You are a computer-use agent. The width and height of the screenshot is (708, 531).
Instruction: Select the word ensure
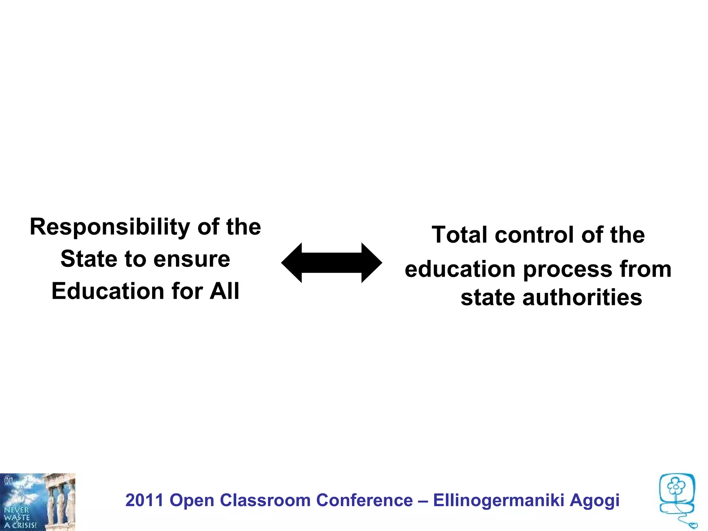(x=192, y=260)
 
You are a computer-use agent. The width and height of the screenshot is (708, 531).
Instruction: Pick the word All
(x=224, y=291)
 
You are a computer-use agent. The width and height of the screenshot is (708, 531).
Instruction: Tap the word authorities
(x=582, y=298)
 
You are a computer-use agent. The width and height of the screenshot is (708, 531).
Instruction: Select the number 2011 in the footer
(x=144, y=500)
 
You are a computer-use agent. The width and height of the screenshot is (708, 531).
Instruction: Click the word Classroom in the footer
(x=265, y=500)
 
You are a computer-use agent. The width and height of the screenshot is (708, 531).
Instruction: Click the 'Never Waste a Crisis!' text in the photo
(x=20, y=518)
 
